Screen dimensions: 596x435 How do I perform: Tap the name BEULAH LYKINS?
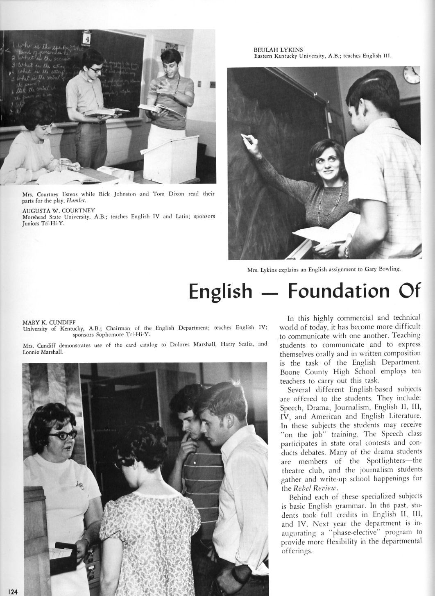coord(272,50)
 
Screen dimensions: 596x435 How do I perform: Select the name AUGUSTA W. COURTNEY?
coord(59,211)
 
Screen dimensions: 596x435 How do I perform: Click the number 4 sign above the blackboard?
coord(86,38)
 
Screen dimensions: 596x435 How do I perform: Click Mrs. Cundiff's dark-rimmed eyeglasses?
coord(62,435)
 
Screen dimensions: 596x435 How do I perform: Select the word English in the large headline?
coord(220,291)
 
